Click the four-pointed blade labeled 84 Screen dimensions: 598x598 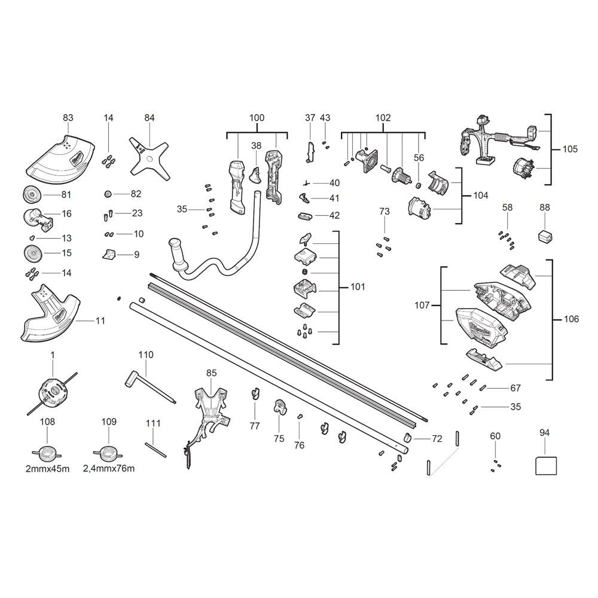(x=149, y=158)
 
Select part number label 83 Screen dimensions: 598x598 (x=68, y=117)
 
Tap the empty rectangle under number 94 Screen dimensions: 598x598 (x=546, y=466)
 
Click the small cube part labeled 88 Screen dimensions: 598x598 (x=545, y=236)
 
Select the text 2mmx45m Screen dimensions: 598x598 (x=48, y=468)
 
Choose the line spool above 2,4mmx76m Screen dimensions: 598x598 (x=109, y=453)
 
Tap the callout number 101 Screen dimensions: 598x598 (x=358, y=286)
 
